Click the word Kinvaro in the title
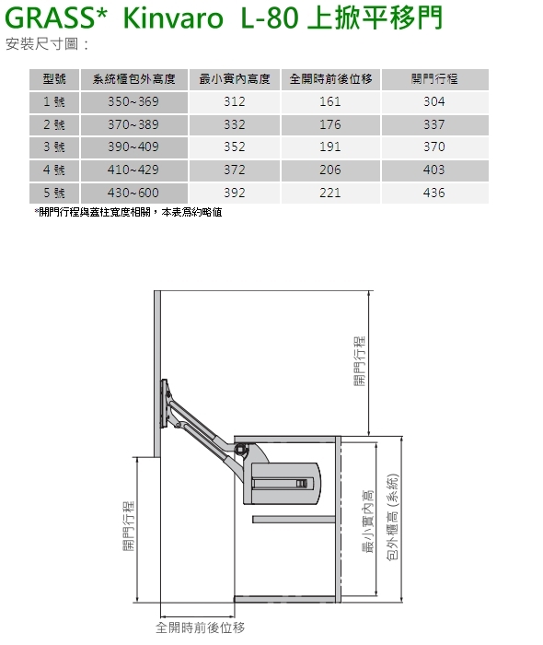pyautogui.click(x=173, y=18)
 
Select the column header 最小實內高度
pyautogui.click(x=234, y=79)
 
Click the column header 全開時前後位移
pyautogui.click(x=330, y=79)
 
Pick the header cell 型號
pyautogui.click(x=54, y=79)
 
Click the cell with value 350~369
pyautogui.click(x=133, y=101)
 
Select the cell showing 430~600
pyautogui.click(x=133, y=193)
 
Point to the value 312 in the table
pyautogui.click(x=234, y=101)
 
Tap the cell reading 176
pyautogui.click(x=330, y=124)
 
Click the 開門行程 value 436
pyautogui.click(x=434, y=193)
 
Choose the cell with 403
pyautogui.click(x=434, y=170)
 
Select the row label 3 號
pyautogui.click(x=54, y=147)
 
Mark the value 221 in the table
pyautogui.click(x=330, y=193)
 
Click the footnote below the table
pyautogui.click(x=128, y=212)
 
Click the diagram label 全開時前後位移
pyautogui.click(x=200, y=627)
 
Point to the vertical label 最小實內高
pyautogui.click(x=368, y=522)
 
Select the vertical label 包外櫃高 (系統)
pyautogui.click(x=393, y=517)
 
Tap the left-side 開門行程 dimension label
pyautogui.click(x=129, y=525)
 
